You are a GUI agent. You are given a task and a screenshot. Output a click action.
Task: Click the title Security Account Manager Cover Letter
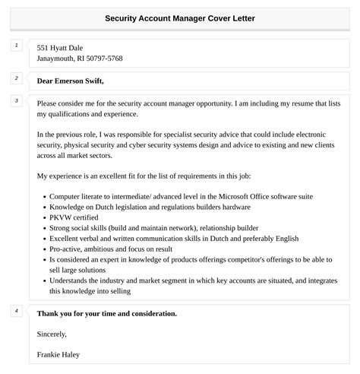(180, 17)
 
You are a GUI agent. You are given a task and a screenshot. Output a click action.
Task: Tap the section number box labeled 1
(17, 46)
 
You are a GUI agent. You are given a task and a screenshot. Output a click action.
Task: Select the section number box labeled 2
(17, 78)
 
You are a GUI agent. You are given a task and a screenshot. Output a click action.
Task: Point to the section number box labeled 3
(17, 101)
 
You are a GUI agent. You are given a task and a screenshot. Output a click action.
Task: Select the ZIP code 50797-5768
(104, 59)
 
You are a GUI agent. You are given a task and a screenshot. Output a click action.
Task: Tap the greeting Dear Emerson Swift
(70, 81)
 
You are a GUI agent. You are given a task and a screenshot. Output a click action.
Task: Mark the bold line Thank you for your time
(106, 313)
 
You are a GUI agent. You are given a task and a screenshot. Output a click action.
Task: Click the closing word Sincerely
(52, 334)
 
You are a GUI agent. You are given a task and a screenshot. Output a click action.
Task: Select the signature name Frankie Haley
(58, 354)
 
